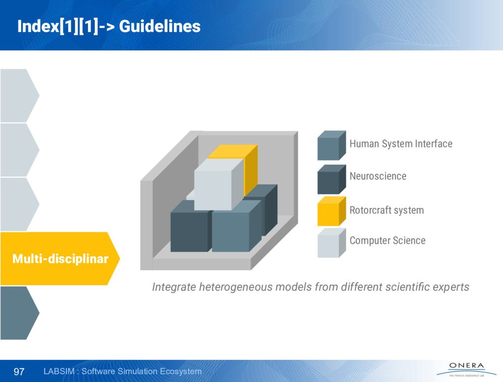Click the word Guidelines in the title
click(x=160, y=27)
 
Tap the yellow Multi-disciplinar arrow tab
click(x=60, y=259)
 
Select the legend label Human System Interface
click(x=401, y=144)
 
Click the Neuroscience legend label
click(x=378, y=176)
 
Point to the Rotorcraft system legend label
click(x=387, y=210)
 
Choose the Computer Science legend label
click(x=388, y=241)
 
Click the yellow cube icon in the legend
click(x=332, y=211)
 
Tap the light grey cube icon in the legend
click(x=332, y=243)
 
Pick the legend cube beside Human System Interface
click(x=332, y=145)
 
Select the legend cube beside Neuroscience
click(x=332, y=179)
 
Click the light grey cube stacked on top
click(x=219, y=185)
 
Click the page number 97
click(x=19, y=371)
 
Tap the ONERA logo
click(x=467, y=369)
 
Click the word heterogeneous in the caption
click(x=236, y=287)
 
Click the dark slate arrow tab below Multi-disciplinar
click(x=19, y=313)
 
